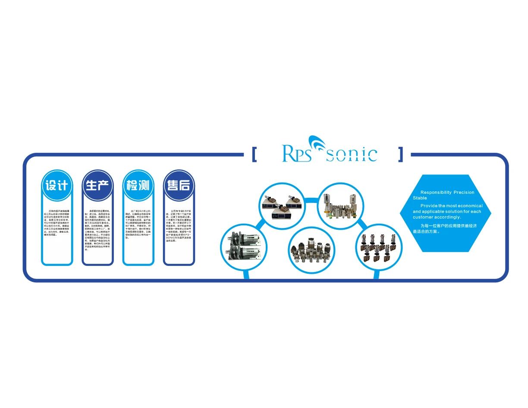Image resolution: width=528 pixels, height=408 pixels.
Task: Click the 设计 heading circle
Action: pos(57,185)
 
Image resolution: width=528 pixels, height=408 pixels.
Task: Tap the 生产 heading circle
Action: pos(98,185)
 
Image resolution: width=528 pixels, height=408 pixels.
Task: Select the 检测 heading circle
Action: pos(138,185)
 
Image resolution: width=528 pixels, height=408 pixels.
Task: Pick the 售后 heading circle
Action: pos(179,185)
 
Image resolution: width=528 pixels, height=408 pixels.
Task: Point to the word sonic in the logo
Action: pos(352,154)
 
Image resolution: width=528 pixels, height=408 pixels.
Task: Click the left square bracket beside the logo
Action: pos(254,154)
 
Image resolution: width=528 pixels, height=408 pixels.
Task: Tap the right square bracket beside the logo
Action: pos(401,154)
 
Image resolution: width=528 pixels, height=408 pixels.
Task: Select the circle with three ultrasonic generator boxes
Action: pos(282,206)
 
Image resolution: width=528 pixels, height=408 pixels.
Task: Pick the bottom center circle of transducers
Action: pos(311,250)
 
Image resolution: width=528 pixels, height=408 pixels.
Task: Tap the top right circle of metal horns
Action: pos(341,206)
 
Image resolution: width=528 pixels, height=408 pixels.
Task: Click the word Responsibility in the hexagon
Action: pos(436,193)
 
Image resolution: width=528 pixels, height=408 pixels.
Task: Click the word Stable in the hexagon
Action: pos(420,198)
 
